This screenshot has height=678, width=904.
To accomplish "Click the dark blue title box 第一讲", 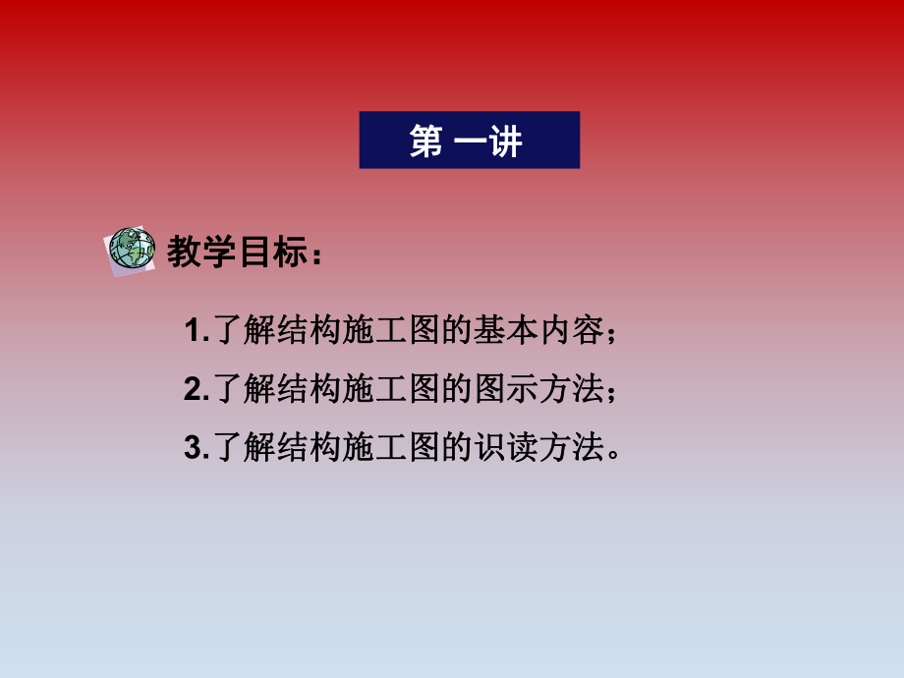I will [469, 140].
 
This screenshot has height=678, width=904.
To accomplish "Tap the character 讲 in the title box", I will [506, 141].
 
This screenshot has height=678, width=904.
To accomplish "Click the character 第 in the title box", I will [425, 141].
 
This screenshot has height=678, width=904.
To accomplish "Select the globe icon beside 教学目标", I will [131, 250].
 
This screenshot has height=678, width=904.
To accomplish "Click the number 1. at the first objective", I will [197, 331].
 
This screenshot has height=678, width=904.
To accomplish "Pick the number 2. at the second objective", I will [197, 390].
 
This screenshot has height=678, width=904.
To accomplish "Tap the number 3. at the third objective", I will [197, 449].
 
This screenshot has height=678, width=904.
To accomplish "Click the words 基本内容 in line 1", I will [541, 331].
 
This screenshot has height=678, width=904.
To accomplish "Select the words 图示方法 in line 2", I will [541, 390].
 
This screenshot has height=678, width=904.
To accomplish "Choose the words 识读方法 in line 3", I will [541, 449].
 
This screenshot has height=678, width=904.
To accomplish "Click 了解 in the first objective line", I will [242, 331].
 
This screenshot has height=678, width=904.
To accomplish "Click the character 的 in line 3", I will [460, 449].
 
